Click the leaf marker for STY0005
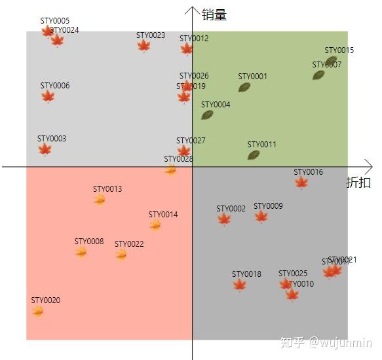click(x=48, y=31)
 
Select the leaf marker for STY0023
click(x=144, y=46)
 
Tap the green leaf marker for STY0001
click(x=244, y=87)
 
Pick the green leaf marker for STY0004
click(x=207, y=115)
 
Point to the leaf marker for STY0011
click(x=254, y=155)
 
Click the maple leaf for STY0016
click(x=301, y=183)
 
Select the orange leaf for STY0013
click(x=100, y=200)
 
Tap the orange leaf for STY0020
click(x=38, y=311)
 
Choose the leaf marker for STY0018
click(x=240, y=285)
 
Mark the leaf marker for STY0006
click(x=48, y=97)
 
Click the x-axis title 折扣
click(x=358, y=183)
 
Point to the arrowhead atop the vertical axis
click(x=192, y=9)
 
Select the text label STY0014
click(x=163, y=215)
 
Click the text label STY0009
click(x=268, y=206)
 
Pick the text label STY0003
click(x=52, y=139)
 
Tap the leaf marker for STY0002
click(x=224, y=219)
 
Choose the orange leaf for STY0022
click(x=122, y=254)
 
